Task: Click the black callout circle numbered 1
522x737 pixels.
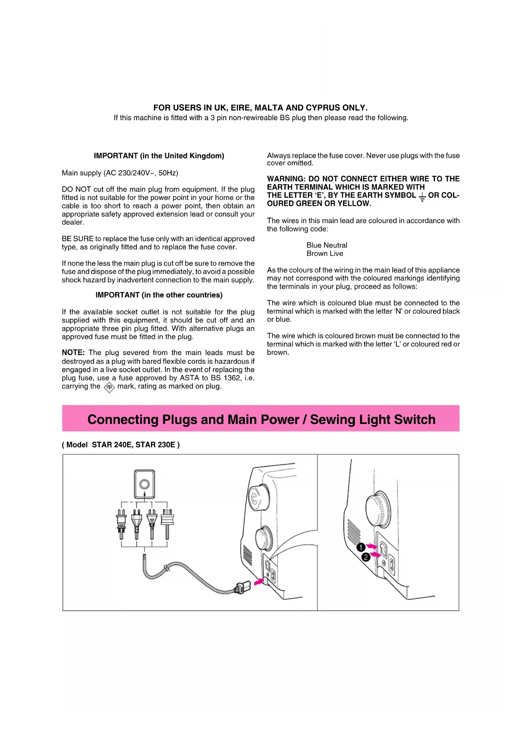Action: [360, 547]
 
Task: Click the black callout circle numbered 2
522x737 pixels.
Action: [366, 557]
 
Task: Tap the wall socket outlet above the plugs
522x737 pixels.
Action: [144, 484]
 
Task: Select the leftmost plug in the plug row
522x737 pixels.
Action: [121, 524]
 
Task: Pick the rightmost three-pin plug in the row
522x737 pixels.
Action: [167, 523]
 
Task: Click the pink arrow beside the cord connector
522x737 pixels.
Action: [259, 582]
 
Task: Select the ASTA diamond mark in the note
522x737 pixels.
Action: [109, 387]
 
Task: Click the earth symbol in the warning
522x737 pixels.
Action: [422, 196]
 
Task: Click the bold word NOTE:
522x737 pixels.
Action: [73, 353]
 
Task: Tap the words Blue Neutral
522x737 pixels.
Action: [327, 245]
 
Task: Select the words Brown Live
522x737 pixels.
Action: [325, 254]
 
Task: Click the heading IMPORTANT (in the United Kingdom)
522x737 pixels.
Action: [159, 156]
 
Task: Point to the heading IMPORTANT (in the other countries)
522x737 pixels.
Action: [159, 295]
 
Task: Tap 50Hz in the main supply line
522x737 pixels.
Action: [168, 173]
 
